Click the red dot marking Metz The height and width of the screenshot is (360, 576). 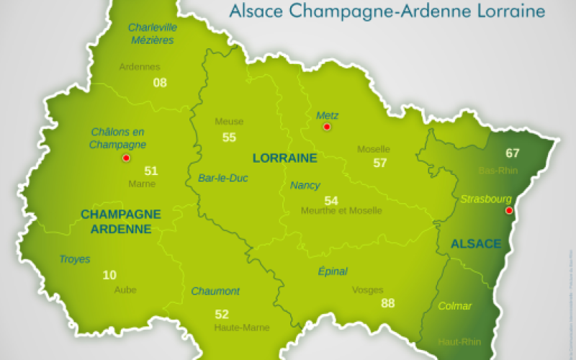point(327,127)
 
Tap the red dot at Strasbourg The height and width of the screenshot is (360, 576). point(509,210)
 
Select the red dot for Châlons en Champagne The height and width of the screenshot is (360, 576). point(126,158)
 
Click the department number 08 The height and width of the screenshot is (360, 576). point(160,82)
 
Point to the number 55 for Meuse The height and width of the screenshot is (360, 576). point(229,137)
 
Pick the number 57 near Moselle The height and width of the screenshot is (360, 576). point(380,163)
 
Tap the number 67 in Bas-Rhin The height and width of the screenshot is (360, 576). point(512,153)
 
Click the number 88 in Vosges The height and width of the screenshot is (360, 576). point(388,303)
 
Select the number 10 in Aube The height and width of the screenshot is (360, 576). point(109,275)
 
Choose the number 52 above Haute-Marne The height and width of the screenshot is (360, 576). point(222,314)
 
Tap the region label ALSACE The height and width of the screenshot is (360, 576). point(475,244)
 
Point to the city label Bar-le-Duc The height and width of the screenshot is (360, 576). point(222,178)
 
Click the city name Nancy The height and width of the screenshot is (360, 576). point(305,185)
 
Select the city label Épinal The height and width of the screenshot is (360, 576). point(333,271)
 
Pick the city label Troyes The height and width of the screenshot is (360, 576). point(75,259)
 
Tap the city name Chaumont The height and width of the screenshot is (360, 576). point(215,291)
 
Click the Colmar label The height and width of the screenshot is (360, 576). point(455,306)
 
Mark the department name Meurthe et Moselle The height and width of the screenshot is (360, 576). point(341,210)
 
